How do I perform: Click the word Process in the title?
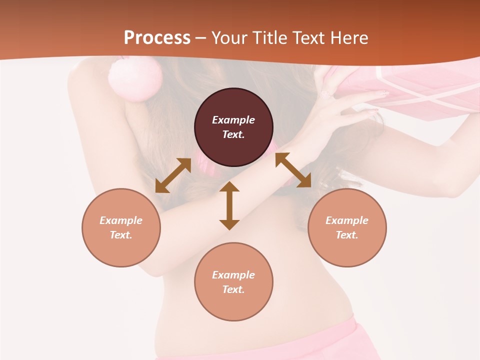click(x=157, y=38)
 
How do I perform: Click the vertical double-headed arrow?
click(x=229, y=205)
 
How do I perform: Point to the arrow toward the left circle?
click(x=173, y=175)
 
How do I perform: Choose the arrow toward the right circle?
click(x=293, y=170)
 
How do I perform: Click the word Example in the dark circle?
click(x=233, y=120)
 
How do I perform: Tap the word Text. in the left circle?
click(x=121, y=235)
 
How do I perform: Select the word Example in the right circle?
click(x=347, y=220)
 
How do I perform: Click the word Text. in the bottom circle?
click(x=233, y=289)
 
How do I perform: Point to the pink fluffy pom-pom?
click(x=135, y=77)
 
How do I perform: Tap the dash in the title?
click(x=201, y=38)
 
